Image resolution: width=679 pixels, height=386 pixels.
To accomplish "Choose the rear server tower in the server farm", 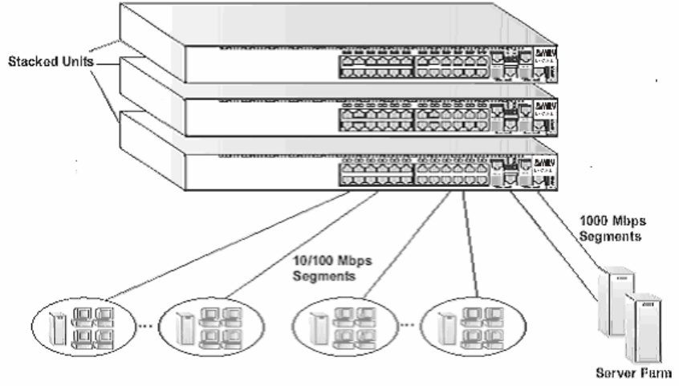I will click(619, 299).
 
